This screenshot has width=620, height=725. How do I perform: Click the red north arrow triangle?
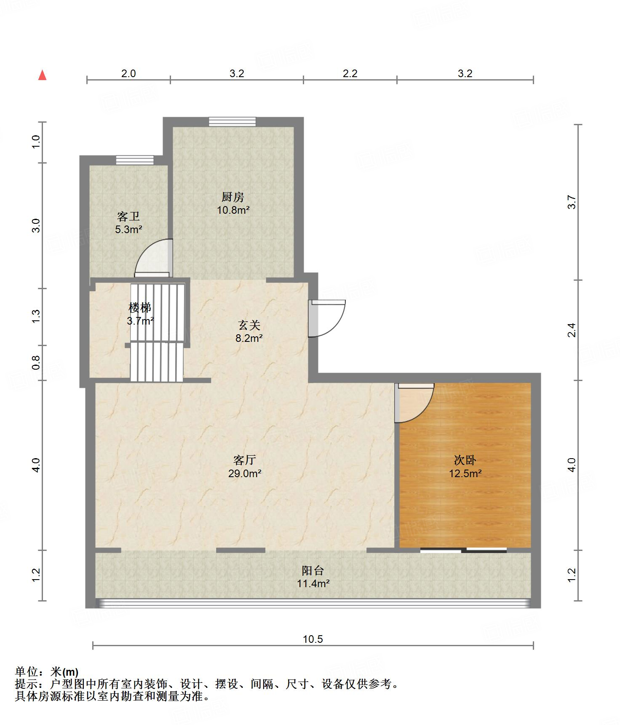(42, 75)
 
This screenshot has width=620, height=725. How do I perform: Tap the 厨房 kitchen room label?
(233, 197)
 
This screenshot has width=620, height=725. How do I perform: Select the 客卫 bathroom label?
(128, 217)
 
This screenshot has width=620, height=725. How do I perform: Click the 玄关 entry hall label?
(249, 325)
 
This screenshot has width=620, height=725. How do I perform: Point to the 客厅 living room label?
(245, 460)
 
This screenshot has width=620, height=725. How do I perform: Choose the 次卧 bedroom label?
(465, 460)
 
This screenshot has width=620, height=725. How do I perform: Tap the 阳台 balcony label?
(313, 571)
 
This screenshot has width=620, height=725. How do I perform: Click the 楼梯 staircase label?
(140, 308)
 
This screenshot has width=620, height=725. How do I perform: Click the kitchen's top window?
(232, 122)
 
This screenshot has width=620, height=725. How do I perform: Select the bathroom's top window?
(135, 160)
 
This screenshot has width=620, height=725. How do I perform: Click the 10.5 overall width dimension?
(313, 639)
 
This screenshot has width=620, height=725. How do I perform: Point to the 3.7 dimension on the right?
(572, 202)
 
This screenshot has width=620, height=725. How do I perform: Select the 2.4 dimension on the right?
(572, 330)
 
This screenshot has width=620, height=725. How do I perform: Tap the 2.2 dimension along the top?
(350, 73)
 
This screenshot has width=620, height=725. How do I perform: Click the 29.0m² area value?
(245, 473)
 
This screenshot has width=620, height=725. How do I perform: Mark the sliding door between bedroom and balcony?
(463, 550)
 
